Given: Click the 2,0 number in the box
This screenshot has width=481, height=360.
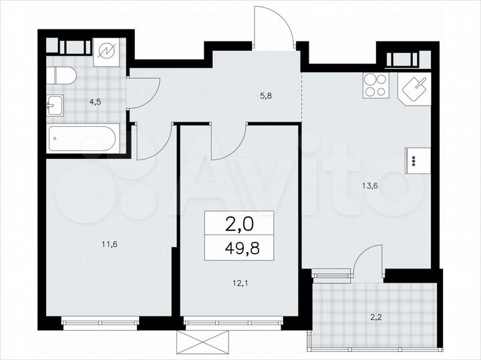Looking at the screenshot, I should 238,222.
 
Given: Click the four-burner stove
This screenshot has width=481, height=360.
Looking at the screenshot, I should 376,85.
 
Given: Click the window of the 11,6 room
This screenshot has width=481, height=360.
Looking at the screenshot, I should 99,323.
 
